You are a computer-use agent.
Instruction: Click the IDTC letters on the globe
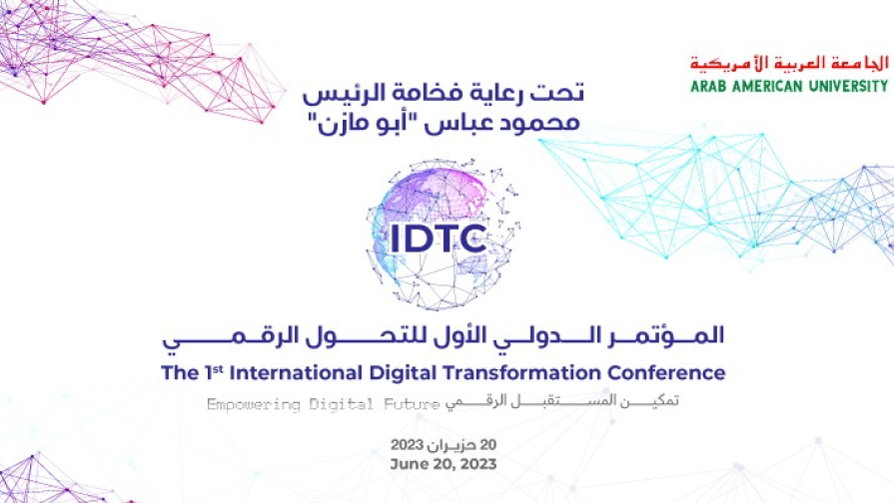[x=439, y=239]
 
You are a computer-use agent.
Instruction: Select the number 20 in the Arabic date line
[x=488, y=444]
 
